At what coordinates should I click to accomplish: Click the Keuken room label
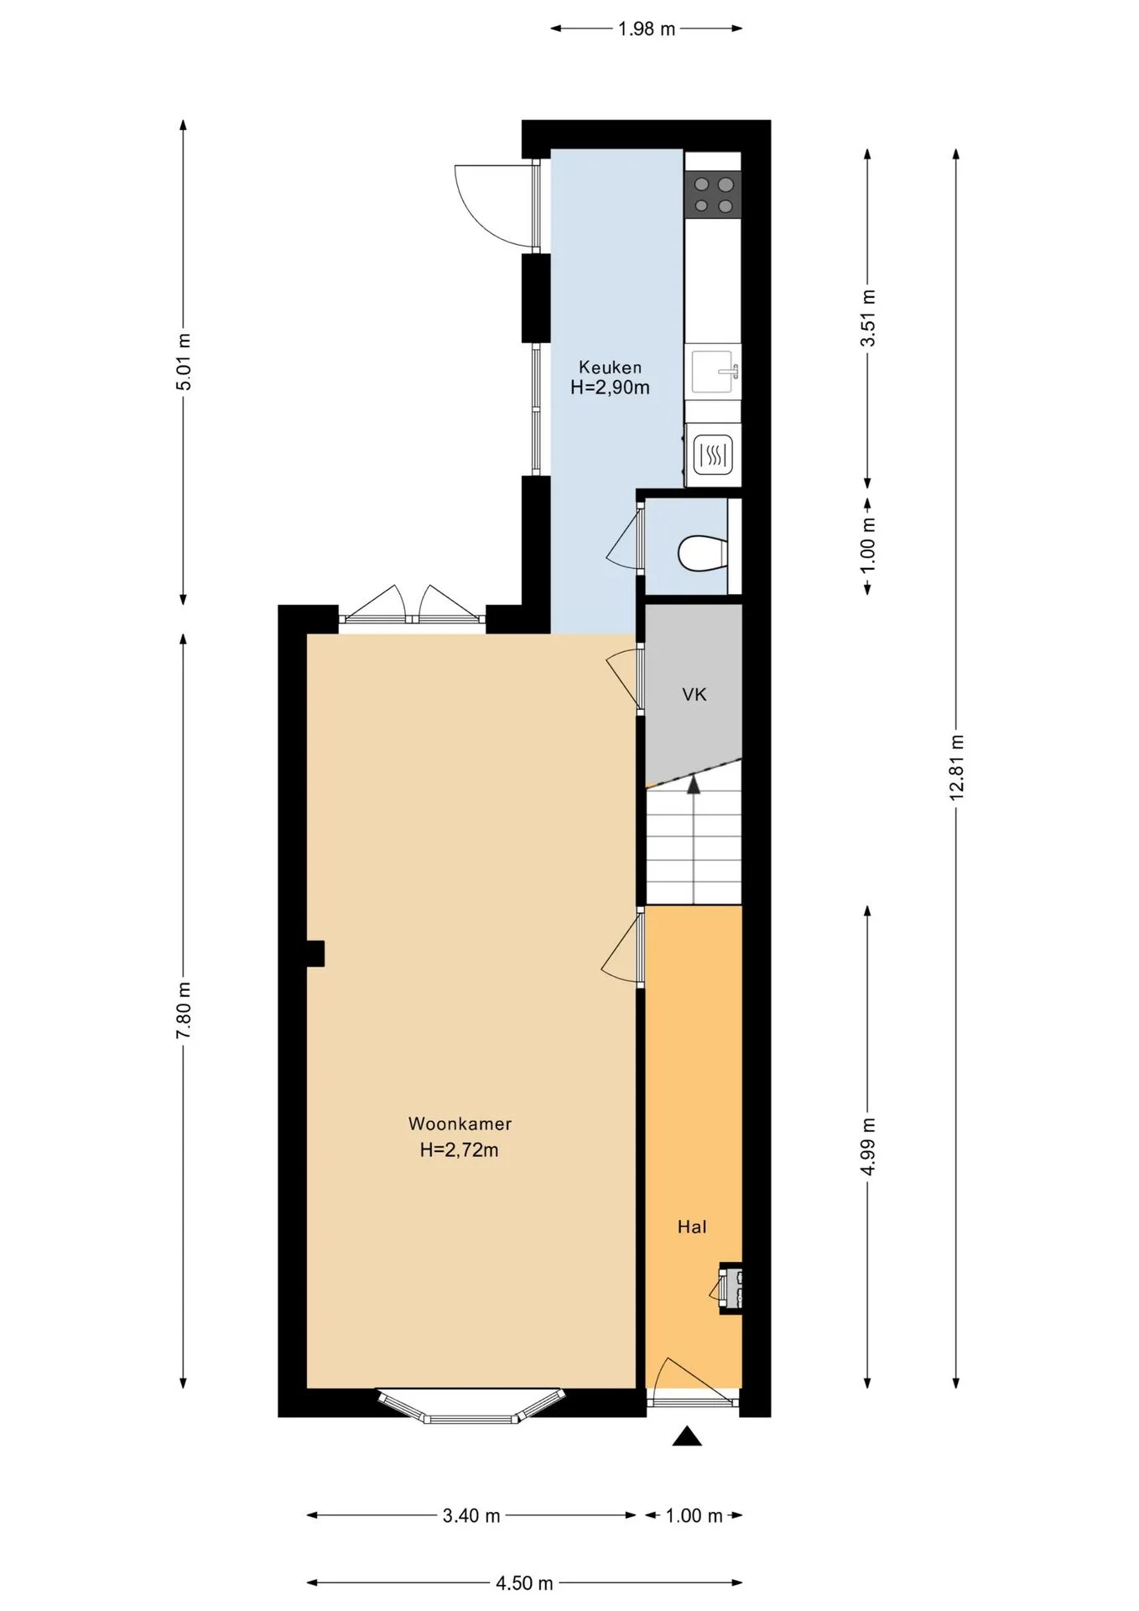610,368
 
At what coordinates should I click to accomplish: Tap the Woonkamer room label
460,1124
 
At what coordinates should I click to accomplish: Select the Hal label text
692,1227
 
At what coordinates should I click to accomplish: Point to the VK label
694,694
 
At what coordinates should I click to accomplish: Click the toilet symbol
700,554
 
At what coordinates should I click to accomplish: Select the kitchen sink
714,372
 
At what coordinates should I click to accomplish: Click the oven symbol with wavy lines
713,456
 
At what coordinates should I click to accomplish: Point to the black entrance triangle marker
687,1436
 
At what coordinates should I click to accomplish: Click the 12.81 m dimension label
957,768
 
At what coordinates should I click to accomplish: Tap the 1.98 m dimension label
647,29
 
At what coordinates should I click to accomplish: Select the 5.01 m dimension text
184,362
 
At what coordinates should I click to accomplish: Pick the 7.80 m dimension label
184,1009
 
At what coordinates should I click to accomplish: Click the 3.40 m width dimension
471,1515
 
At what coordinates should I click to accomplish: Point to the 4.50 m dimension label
524,1583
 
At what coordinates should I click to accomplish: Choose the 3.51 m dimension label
868,318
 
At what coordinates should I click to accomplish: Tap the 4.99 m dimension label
868,1146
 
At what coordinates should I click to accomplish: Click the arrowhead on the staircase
694,785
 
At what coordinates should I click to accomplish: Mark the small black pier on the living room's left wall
315,954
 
